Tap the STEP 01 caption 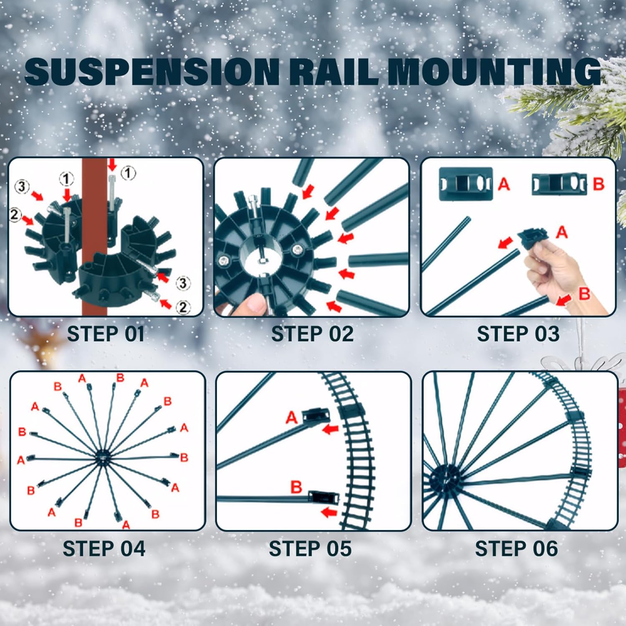tap(106, 334)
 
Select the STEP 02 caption tap(313, 334)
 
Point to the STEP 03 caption tap(518, 334)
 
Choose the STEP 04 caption tap(104, 549)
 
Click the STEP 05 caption tap(310, 549)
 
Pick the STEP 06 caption tap(516, 549)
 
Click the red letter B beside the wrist tap(584, 293)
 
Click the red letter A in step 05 tap(292, 417)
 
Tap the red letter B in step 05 tap(296, 487)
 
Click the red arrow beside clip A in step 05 tap(331, 429)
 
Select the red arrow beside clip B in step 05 tap(329, 512)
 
